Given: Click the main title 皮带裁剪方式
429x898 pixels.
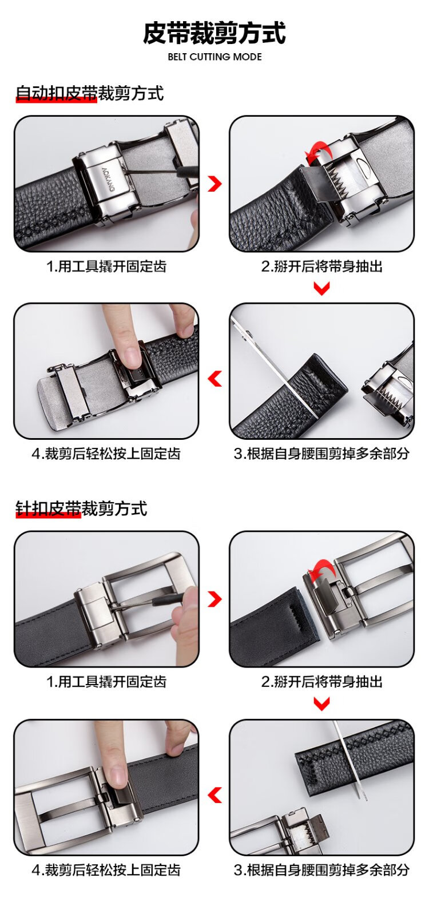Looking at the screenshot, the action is click(214, 33).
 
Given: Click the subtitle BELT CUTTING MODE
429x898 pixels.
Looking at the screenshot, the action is click(214, 57).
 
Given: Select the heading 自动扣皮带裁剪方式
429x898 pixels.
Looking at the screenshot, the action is click(90, 93).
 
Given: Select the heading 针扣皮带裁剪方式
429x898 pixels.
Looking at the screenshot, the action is click(81, 508).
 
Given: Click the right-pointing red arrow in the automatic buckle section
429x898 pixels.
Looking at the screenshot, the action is click(215, 184).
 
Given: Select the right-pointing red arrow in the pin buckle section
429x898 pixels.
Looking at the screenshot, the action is click(215, 599).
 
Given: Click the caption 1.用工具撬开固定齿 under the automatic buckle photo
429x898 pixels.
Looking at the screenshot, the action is click(106, 266).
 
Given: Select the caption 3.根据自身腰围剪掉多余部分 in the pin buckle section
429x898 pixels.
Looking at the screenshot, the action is click(321, 869).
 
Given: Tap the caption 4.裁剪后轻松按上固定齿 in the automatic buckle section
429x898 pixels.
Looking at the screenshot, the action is click(106, 454).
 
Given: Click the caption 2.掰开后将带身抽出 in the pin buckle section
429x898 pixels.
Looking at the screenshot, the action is click(321, 681).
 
